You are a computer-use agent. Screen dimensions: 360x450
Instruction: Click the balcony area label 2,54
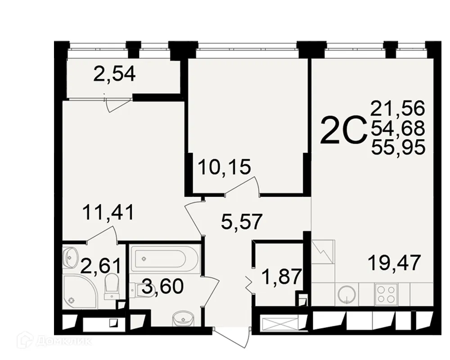point(114,73)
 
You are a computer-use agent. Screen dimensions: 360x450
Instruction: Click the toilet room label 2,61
point(100,265)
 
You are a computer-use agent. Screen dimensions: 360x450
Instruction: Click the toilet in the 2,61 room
point(111,286)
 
